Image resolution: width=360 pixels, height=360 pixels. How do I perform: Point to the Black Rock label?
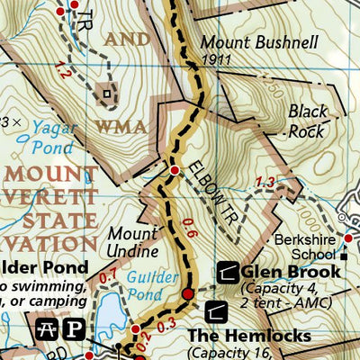pos(308,121)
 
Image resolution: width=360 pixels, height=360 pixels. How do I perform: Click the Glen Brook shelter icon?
pos(229,271)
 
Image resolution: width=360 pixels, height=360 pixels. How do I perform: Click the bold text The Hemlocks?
pos(248,336)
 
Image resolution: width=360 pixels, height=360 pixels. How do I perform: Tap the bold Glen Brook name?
pos(291,271)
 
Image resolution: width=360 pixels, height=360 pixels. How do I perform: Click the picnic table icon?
pos(46,325)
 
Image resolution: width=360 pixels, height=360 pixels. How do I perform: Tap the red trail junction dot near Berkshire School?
pos(349,238)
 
